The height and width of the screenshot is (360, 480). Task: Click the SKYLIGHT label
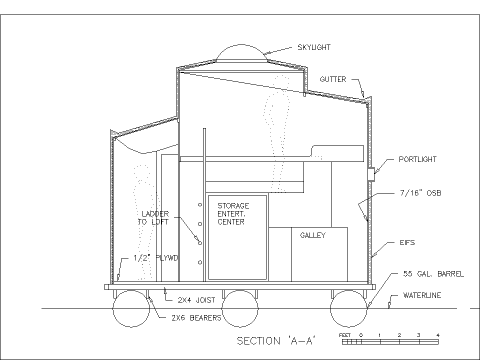(x=314, y=47)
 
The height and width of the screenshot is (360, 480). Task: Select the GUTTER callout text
(x=333, y=79)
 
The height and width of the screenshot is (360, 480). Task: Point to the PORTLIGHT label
(x=417, y=160)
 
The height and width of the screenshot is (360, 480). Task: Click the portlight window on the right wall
(x=371, y=173)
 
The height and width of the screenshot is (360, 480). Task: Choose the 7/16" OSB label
(x=420, y=192)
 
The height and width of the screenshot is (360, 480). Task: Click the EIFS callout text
(x=406, y=243)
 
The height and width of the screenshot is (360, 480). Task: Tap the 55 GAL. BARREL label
(x=433, y=274)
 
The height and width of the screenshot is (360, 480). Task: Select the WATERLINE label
(x=422, y=295)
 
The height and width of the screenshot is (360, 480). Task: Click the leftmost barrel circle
(x=131, y=309)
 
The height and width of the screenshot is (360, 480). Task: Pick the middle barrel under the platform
(x=240, y=309)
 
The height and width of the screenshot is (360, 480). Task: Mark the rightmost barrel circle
(x=349, y=309)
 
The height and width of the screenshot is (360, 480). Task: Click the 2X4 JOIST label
(x=196, y=300)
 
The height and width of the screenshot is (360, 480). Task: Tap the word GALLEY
(x=312, y=235)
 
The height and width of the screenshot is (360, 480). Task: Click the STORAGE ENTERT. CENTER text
(x=232, y=213)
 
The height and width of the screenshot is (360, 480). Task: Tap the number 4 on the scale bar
(x=437, y=335)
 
